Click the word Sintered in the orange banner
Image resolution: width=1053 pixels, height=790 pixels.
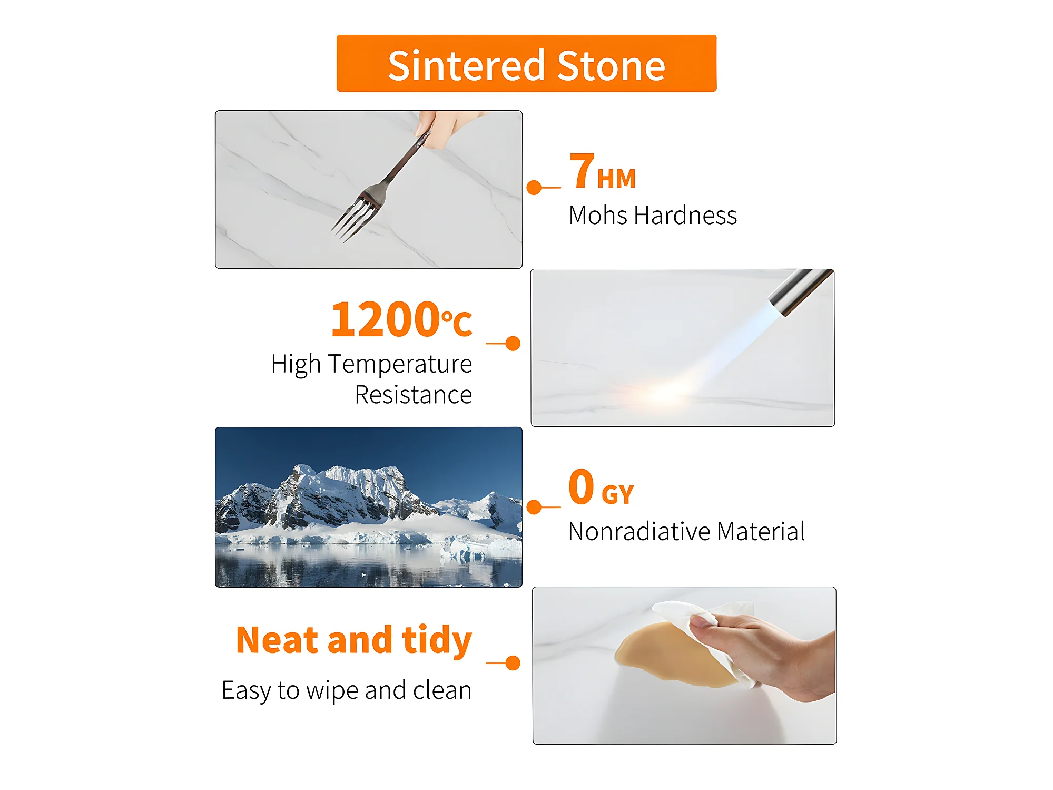(466, 66)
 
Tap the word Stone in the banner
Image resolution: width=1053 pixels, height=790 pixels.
(611, 66)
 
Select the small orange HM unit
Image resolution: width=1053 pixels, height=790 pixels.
(616, 179)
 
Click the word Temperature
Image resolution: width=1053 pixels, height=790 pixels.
(400, 365)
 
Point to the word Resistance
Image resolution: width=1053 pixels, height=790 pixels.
(414, 395)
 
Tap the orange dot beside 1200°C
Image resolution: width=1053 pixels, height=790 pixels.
(513, 344)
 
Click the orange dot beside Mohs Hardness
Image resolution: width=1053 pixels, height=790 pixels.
(534, 188)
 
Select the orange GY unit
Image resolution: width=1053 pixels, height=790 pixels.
(617, 494)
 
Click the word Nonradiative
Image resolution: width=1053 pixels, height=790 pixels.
(639, 531)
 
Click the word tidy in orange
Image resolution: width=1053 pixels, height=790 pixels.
(437, 641)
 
